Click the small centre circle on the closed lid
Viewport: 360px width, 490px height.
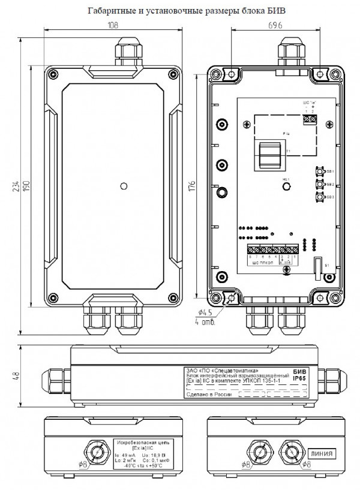pos(123,185)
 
